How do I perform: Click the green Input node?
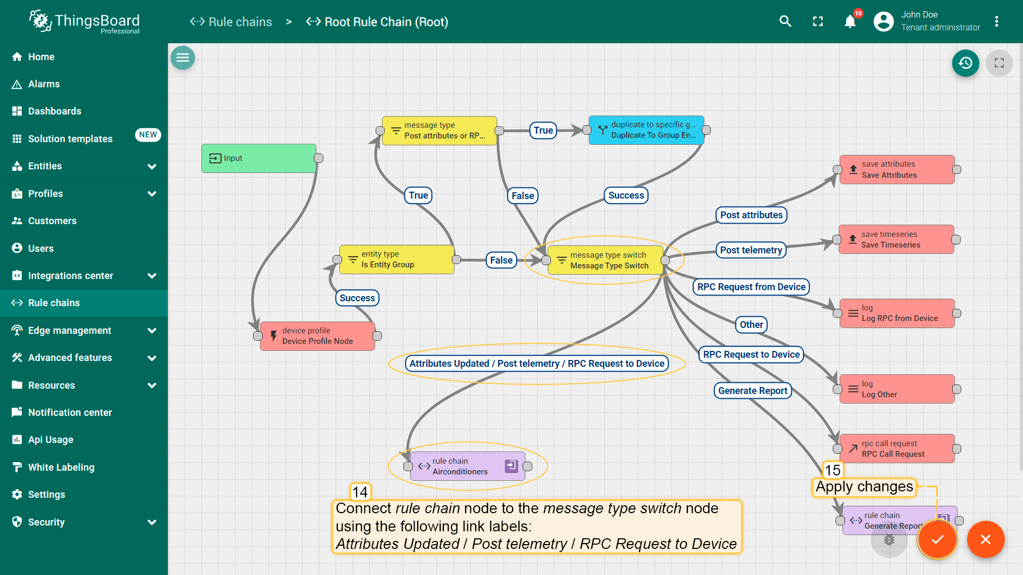click(259, 158)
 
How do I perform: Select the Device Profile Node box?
click(318, 336)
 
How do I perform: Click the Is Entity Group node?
click(397, 259)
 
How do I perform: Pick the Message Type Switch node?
click(605, 260)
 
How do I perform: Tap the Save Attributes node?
click(897, 169)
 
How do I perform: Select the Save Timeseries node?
click(896, 240)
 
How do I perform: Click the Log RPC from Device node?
click(897, 313)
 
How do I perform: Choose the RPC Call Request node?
click(897, 449)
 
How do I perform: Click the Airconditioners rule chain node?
click(468, 466)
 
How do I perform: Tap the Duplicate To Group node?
click(646, 130)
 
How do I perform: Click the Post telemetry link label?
click(751, 250)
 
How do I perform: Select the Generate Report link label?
click(753, 391)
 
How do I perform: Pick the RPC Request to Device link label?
click(751, 355)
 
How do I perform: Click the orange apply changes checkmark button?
click(937, 539)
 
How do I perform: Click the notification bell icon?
click(850, 22)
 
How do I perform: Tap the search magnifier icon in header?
click(785, 21)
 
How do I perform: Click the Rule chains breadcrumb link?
click(231, 22)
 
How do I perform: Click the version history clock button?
click(965, 63)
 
